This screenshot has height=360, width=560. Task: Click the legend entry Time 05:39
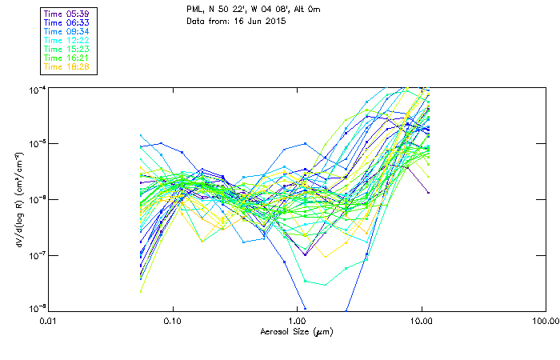tap(66, 14)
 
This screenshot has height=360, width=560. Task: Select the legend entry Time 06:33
tap(66, 23)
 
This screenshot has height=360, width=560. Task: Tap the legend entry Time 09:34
tap(66, 32)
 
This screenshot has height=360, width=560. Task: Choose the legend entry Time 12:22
tap(66, 41)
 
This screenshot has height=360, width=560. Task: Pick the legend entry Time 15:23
tap(66, 50)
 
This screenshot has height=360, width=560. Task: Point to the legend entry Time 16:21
tap(66, 58)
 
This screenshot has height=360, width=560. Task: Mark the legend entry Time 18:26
tap(66, 67)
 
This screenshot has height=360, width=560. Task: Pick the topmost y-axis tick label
tap(36, 89)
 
